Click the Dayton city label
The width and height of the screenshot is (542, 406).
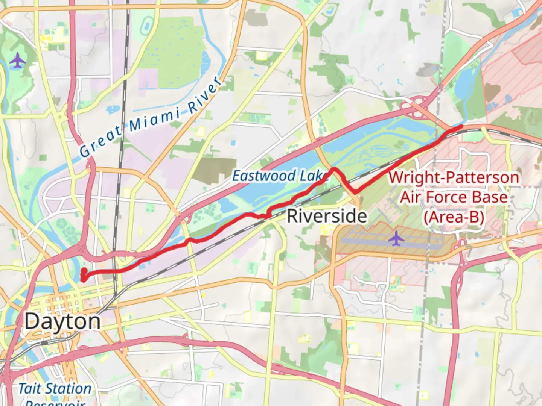[x=63, y=321]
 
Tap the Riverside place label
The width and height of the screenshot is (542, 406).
[x=327, y=216]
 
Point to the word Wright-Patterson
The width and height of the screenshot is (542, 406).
[x=454, y=177]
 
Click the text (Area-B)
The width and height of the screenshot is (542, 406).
[x=454, y=217]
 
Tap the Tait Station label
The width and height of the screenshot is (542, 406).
[x=55, y=389]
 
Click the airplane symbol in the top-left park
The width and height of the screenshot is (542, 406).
[x=17, y=61]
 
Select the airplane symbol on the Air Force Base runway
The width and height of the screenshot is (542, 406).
[x=396, y=238]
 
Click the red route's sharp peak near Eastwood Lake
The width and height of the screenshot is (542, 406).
[x=333, y=169]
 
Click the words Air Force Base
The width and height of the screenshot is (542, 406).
[x=454, y=197]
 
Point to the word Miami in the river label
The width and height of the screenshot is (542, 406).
[x=155, y=118]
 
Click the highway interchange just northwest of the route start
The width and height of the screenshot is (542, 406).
[x=80, y=249]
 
